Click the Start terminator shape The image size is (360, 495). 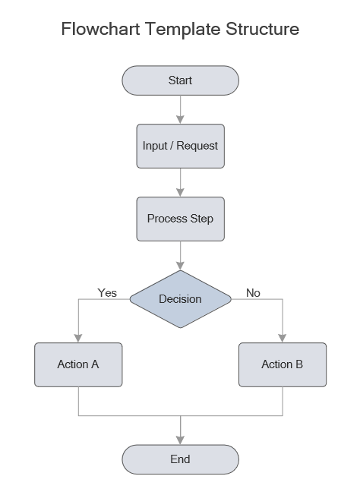click(x=180, y=80)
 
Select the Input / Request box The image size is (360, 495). click(x=180, y=146)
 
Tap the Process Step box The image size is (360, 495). click(x=180, y=219)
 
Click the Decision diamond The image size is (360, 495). click(x=180, y=299)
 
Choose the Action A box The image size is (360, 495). click(x=78, y=364)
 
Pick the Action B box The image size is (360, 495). click(x=283, y=364)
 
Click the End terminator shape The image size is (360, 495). click(x=180, y=459)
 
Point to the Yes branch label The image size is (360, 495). click(x=107, y=292)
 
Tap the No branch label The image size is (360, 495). click(x=253, y=292)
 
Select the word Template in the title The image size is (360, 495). click(x=186, y=30)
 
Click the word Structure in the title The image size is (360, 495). click(x=263, y=30)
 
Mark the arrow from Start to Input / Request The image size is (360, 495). click(x=180, y=109)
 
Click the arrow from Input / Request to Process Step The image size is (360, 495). click(x=180, y=181)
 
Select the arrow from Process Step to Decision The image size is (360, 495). click(x=180, y=255)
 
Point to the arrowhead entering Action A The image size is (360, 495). click(x=78, y=338)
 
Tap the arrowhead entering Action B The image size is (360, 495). click(x=283, y=338)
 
